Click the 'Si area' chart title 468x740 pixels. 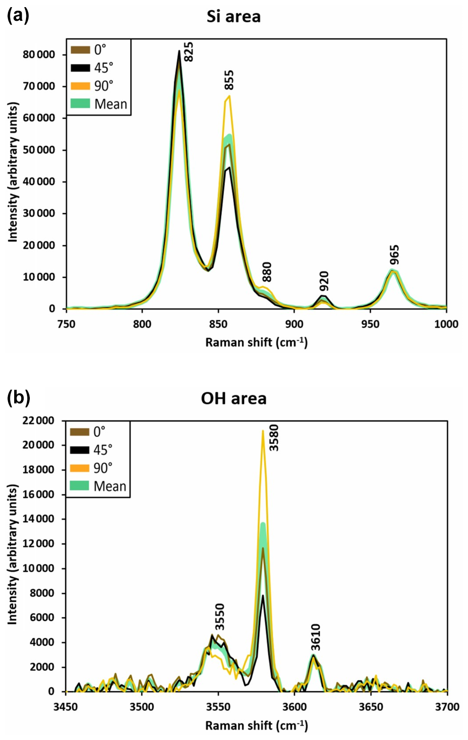(233, 17)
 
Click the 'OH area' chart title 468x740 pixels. (233, 398)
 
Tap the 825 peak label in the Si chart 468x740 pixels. (188, 52)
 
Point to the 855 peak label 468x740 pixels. (229, 80)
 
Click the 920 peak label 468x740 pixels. (324, 281)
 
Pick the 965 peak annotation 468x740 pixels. (395, 255)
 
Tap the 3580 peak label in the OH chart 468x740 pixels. (274, 438)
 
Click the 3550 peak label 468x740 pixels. (220, 617)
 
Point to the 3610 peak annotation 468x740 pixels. (316, 638)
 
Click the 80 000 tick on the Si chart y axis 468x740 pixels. (39, 54)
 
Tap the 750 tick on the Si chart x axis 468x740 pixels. (66, 324)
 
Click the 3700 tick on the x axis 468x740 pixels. (447, 707)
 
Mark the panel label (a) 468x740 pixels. (18, 16)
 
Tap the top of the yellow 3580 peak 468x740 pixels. (263, 431)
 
